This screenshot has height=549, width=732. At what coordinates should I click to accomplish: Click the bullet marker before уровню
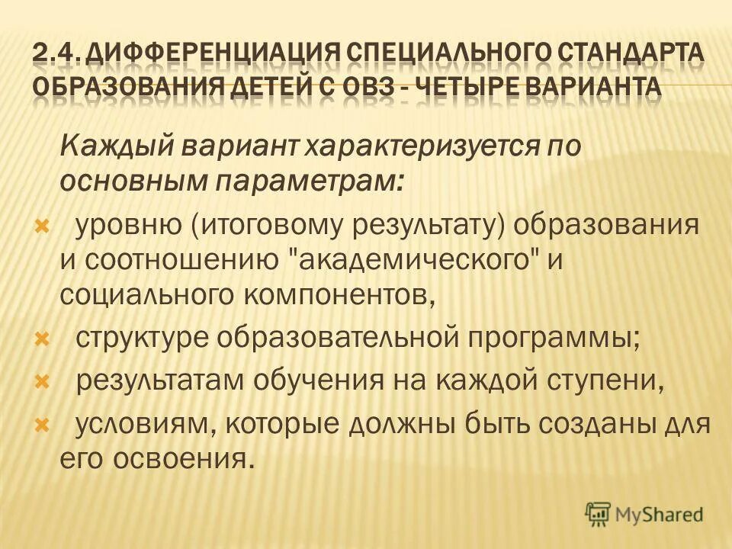[43, 226]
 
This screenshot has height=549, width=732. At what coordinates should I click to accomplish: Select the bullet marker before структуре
[43, 339]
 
